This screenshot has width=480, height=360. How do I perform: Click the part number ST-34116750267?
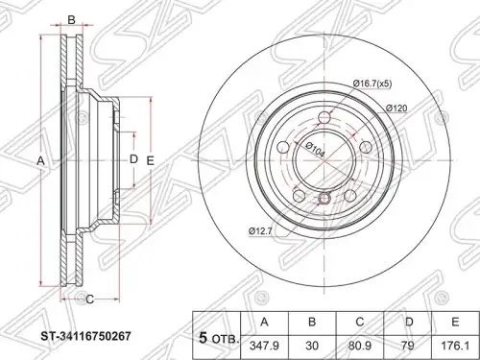click(85, 336)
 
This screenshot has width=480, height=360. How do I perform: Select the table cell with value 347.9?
click(264, 347)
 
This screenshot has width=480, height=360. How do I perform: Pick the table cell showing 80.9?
click(360, 347)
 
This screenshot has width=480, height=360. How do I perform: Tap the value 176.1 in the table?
click(455, 347)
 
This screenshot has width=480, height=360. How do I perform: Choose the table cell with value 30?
click(312, 347)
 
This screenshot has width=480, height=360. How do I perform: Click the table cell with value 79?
click(408, 347)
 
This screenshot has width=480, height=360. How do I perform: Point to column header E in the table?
click(455, 323)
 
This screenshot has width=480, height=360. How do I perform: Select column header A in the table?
click(264, 323)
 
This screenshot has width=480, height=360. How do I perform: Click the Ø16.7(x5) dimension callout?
click(372, 84)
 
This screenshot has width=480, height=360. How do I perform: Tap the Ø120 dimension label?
click(396, 108)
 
